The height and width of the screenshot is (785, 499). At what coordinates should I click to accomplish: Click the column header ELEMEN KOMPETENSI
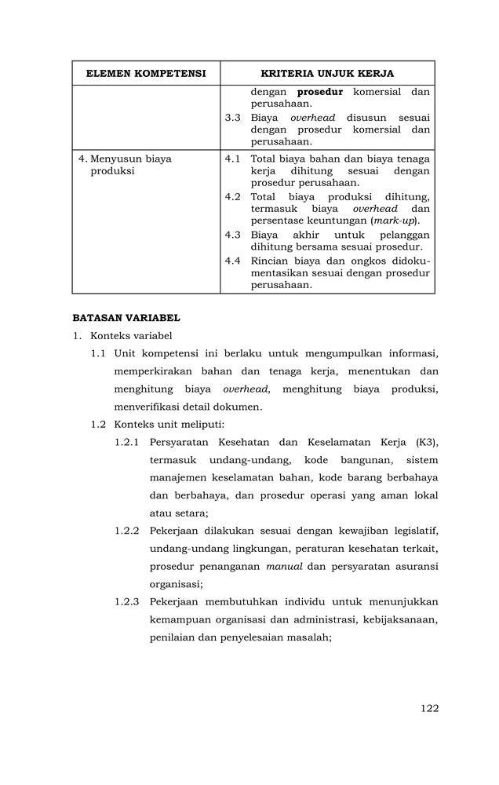coord(145,73)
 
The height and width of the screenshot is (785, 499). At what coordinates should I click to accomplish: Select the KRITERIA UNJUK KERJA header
coord(326,73)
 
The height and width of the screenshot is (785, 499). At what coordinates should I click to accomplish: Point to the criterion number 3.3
coord(232,118)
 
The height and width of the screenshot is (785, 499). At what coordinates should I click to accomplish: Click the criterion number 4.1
coord(232,159)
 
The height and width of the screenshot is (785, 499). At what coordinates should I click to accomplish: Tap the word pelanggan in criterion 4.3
coord(403,235)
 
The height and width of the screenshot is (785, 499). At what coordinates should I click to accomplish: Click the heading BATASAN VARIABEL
coord(126,318)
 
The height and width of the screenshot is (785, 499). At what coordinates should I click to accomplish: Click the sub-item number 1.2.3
coord(126,602)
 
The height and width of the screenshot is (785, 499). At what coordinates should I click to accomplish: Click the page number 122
coord(429,708)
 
